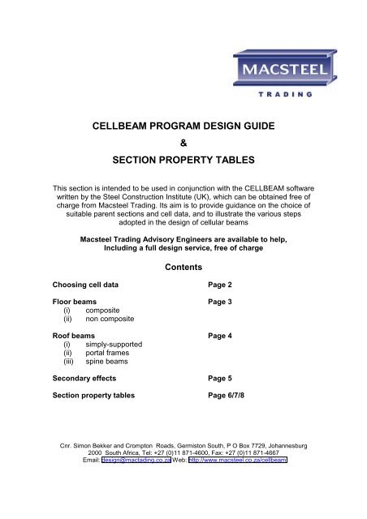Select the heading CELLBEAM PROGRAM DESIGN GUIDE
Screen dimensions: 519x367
(183, 126)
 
